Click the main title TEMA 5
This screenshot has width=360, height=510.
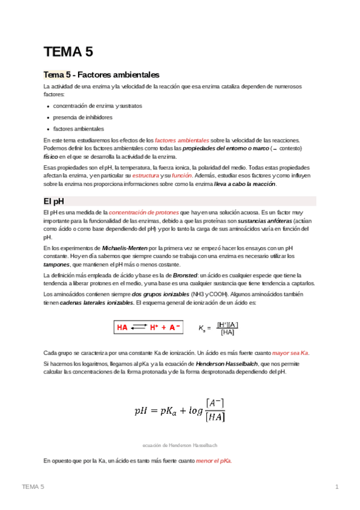[x=68, y=52]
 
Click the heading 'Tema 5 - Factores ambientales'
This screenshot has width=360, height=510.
[x=101, y=75]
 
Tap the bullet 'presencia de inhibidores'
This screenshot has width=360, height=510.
[x=82, y=117]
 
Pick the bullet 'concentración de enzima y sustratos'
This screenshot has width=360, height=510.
[x=97, y=106]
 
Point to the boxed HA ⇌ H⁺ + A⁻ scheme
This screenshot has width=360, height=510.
[x=149, y=327]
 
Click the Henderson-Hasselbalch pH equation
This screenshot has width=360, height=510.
[x=180, y=410]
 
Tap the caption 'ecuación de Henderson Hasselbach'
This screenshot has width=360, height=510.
[x=180, y=445]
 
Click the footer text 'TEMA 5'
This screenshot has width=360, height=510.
[x=33, y=486]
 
